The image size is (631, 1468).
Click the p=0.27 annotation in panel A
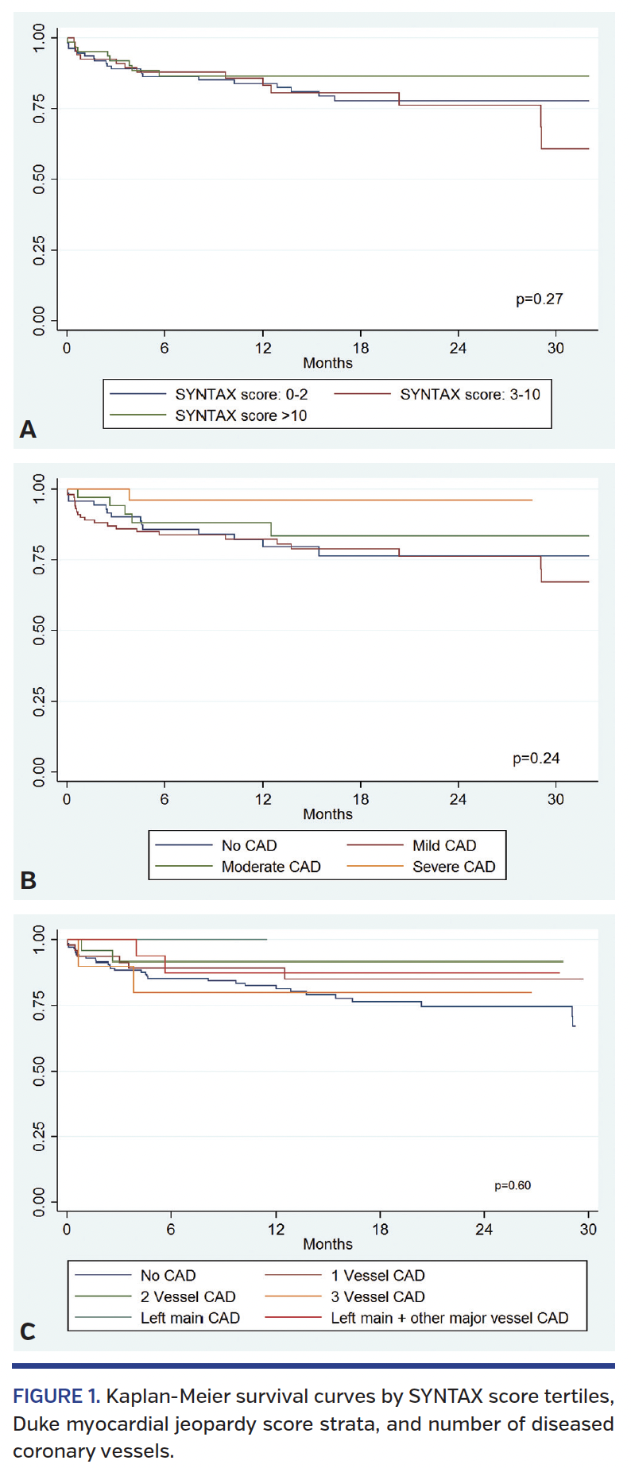539,299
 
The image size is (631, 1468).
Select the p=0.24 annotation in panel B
536,758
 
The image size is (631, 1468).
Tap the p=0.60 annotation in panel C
513,1185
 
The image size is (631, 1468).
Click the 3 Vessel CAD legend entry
377,1296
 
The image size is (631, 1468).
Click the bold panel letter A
28,430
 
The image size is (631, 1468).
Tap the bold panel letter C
28,1331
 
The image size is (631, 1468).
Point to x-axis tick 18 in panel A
361,348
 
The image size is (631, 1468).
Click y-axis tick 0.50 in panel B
38,630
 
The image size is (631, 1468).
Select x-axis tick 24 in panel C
484,1229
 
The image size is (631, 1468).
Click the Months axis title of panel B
327,814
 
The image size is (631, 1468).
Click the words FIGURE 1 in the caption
56,1397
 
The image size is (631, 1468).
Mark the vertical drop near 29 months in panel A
541,127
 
